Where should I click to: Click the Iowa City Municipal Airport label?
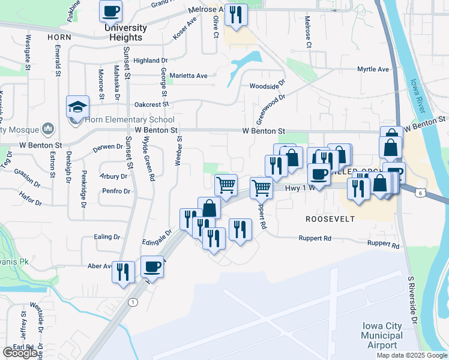click(382, 335)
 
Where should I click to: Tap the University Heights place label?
click(125, 32)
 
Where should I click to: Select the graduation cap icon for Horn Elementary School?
click(78, 107)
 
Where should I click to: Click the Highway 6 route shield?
click(422, 192)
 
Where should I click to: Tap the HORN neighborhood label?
click(59, 37)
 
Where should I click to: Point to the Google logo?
click(20, 353)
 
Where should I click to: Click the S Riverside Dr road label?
click(412, 300)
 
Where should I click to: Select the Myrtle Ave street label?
click(373, 69)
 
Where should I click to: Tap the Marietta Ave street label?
click(189, 76)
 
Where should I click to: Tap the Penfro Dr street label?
click(116, 191)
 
